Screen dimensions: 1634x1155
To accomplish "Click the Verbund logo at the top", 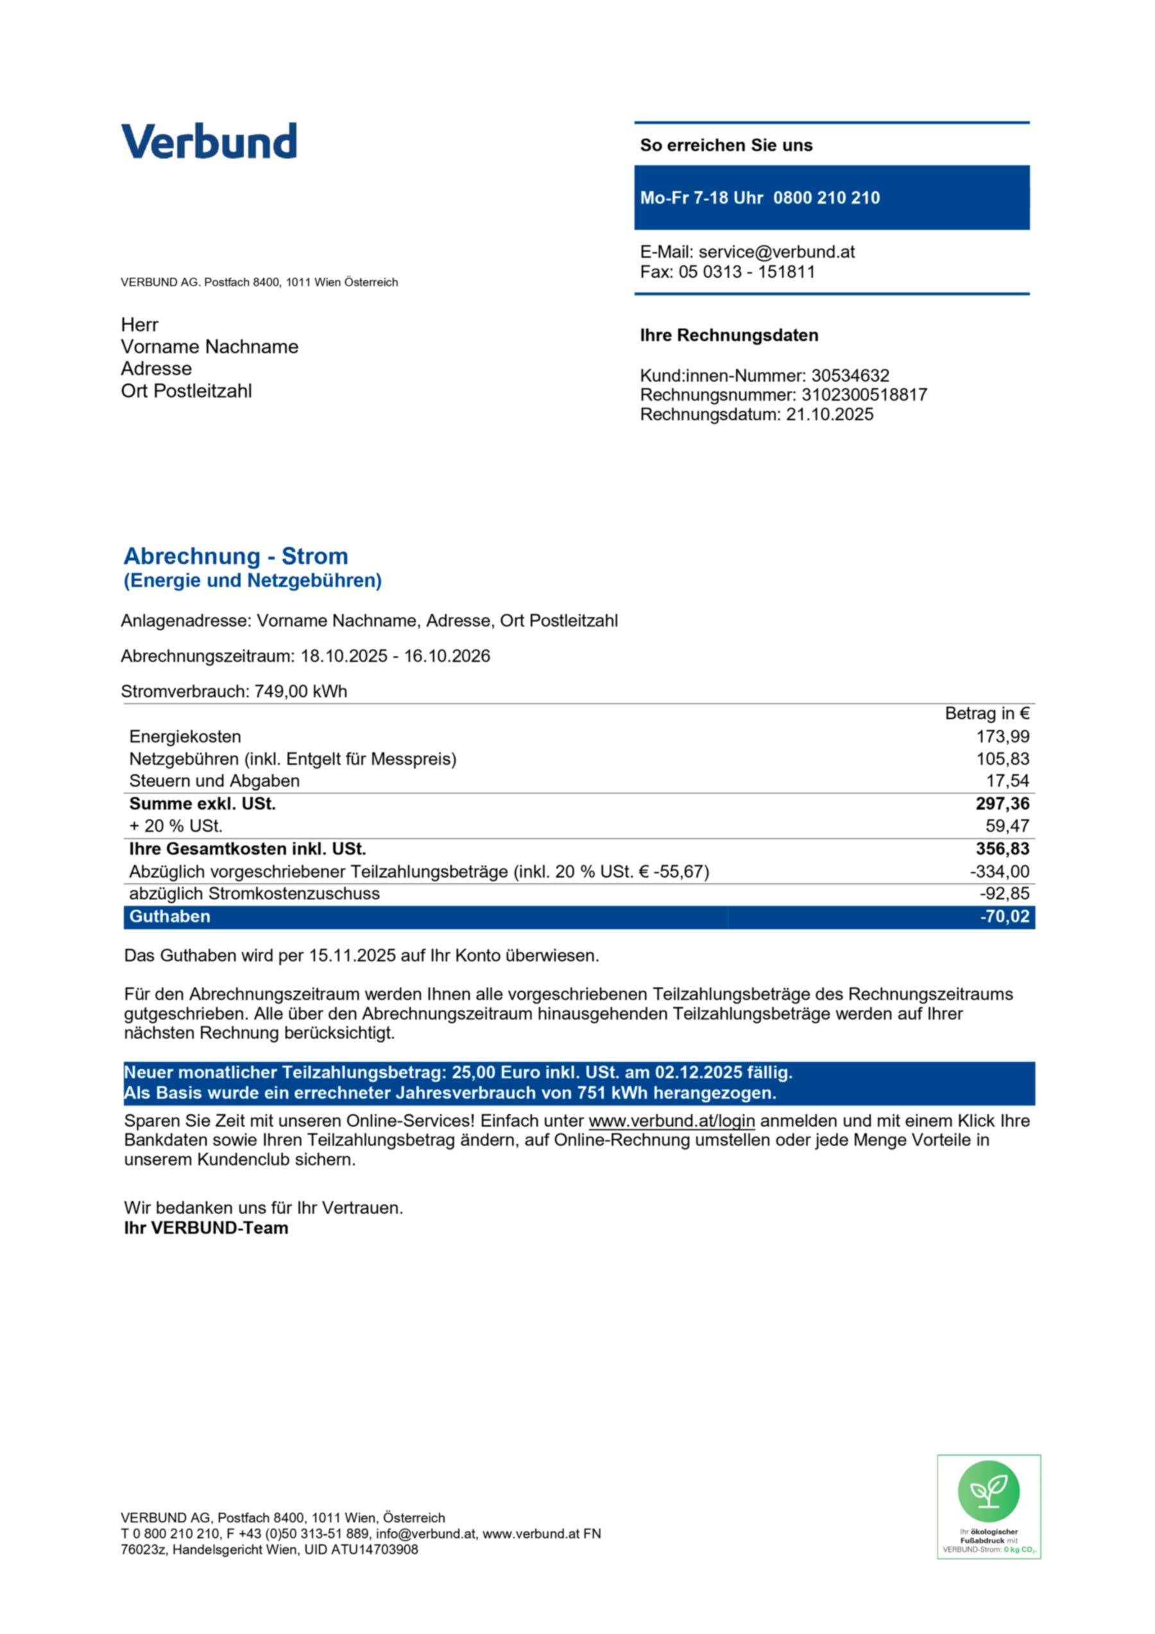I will [x=209, y=141].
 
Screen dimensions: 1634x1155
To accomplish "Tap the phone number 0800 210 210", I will [x=826, y=198].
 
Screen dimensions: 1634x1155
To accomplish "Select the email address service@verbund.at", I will [x=776, y=252].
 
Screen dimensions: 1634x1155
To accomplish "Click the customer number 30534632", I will [x=850, y=375].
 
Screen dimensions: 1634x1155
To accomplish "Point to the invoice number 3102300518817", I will [x=864, y=395].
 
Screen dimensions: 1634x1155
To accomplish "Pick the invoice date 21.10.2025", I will [x=829, y=415].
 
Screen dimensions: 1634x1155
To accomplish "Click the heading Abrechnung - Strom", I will [x=235, y=556].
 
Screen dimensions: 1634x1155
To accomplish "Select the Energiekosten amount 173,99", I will [x=1003, y=736].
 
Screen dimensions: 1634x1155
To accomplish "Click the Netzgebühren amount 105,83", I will [x=1003, y=759].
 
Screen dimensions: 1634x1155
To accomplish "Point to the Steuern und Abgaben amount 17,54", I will [x=1007, y=781].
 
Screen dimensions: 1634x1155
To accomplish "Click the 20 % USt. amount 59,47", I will [x=1007, y=826].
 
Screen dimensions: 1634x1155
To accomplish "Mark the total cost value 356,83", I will [x=1002, y=849].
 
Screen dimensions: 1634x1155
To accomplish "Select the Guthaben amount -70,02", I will [x=1004, y=917].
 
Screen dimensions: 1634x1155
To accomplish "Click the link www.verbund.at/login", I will [x=671, y=1121].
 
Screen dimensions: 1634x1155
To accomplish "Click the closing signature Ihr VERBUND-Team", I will [x=206, y=1228].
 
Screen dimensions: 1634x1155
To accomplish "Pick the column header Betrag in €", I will [x=986, y=714].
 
